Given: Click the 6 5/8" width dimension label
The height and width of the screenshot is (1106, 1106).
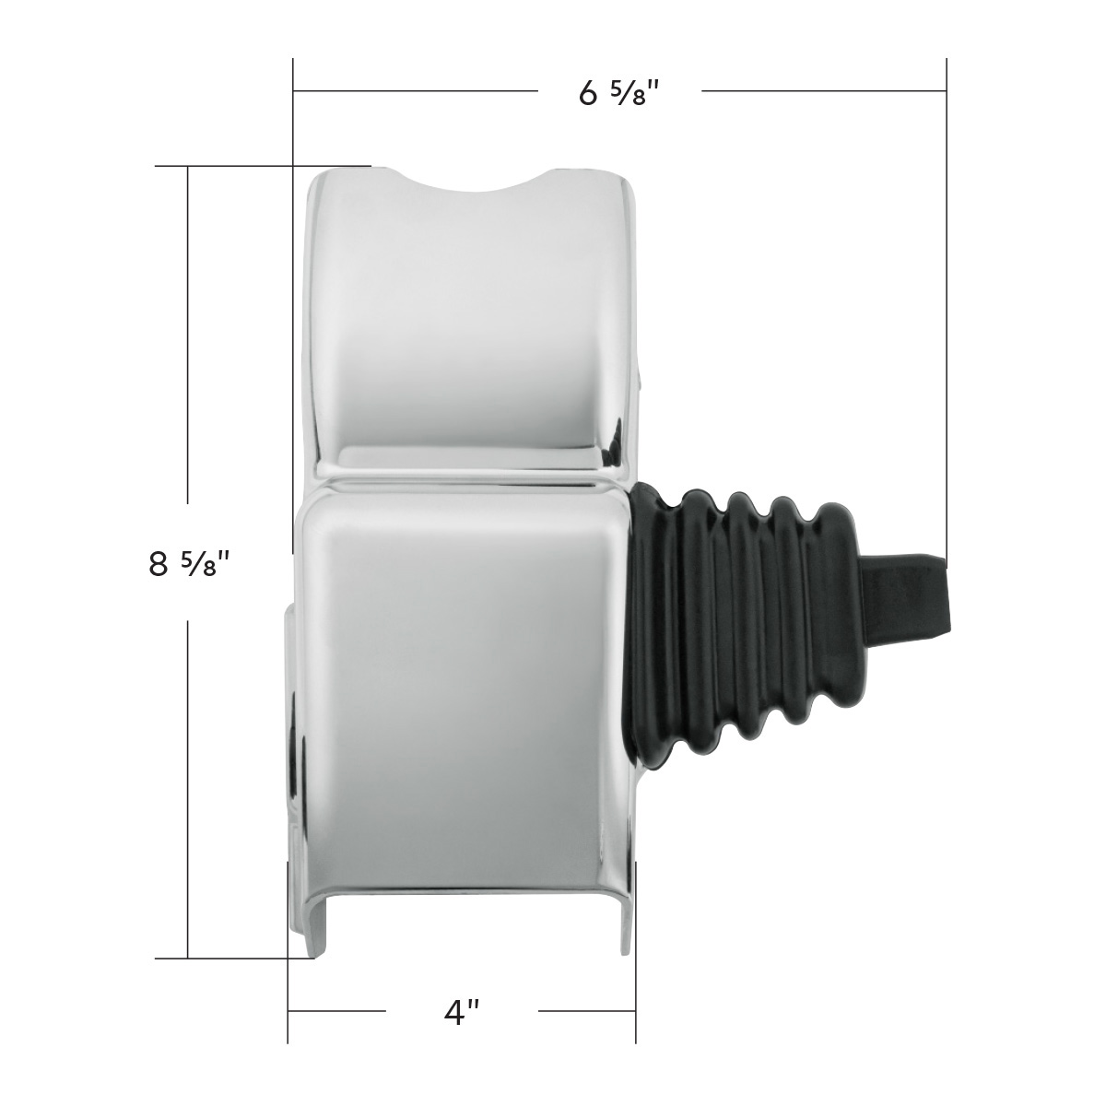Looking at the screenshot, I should tap(620, 93).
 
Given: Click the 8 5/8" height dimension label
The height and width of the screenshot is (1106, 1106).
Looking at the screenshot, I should tap(187, 563).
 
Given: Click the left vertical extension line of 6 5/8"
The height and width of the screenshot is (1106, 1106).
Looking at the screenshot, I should tap(293, 120).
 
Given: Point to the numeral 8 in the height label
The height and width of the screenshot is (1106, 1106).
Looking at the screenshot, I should tap(159, 563).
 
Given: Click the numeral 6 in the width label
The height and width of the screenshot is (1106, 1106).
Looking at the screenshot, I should tap(588, 93).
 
